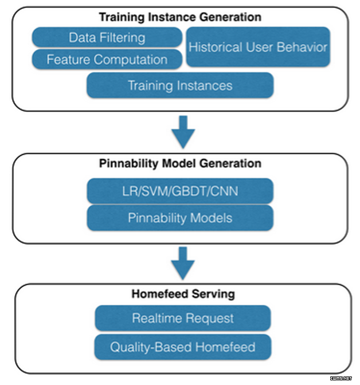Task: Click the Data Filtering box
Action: pyautogui.click(x=107, y=37)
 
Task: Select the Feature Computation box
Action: pyautogui.click(x=107, y=60)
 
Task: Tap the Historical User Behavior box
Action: pyautogui.click(x=258, y=47)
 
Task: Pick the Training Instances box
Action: pyautogui.click(x=180, y=85)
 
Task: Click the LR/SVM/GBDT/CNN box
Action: pyautogui.click(x=180, y=191)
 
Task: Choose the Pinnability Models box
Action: pyautogui.click(x=180, y=218)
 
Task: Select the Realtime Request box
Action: pyautogui.click(x=183, y=318)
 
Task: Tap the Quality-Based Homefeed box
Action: pyautogui.click(x=183, y=347)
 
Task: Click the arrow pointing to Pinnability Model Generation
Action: pyautogui.click(x=183, y=132)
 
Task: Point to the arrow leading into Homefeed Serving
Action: pyautogui.click(x=183, y=263)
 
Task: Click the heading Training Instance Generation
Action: pyautogui.click(x=180, y=17)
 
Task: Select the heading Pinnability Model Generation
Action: pyautogui.click(x=180, y=163)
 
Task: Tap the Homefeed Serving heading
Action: pyautogui.click(x=183, y=294)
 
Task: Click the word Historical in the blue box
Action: pyautogui.click(x=216, y=47)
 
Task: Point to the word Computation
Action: pyautogui.click(x=130, y=60)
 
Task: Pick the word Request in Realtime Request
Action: pyautogui.click(x=210, y=319)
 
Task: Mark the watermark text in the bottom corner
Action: pyautogui.click(x=341, y=378)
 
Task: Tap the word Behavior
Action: pyautogui.click(x=302, y=47)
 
